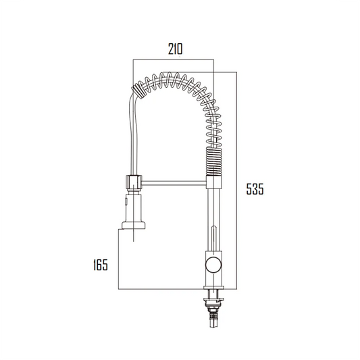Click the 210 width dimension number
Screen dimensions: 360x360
point(174,49)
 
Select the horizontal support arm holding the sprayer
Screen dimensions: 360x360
point(172,181)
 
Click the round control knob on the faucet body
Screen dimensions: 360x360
point(212,263)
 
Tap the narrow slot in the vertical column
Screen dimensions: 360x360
point(212,233)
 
